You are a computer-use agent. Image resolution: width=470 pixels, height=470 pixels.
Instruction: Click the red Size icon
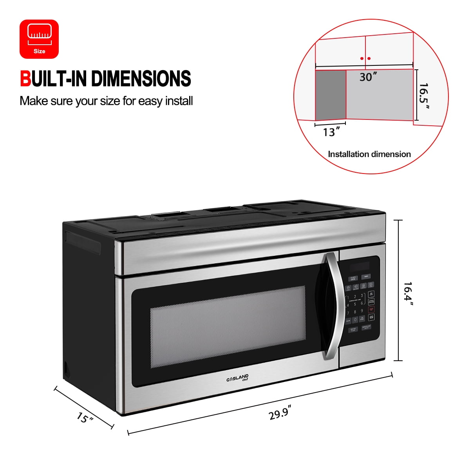39,39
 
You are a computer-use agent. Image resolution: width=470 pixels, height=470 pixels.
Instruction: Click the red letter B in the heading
25,79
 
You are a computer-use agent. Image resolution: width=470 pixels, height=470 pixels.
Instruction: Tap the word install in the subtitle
179,101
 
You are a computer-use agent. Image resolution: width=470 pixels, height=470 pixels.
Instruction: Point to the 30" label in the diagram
368,77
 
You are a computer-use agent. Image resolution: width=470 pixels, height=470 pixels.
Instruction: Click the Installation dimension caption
369,154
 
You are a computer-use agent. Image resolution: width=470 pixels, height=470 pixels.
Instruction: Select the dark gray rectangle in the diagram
331,95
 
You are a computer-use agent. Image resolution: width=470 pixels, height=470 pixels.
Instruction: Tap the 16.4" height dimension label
409,293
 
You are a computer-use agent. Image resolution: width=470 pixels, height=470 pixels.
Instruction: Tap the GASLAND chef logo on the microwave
237,378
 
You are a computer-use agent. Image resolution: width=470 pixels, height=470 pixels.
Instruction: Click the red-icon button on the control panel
371,310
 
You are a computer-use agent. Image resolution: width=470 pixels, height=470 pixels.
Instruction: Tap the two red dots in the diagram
365,59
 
